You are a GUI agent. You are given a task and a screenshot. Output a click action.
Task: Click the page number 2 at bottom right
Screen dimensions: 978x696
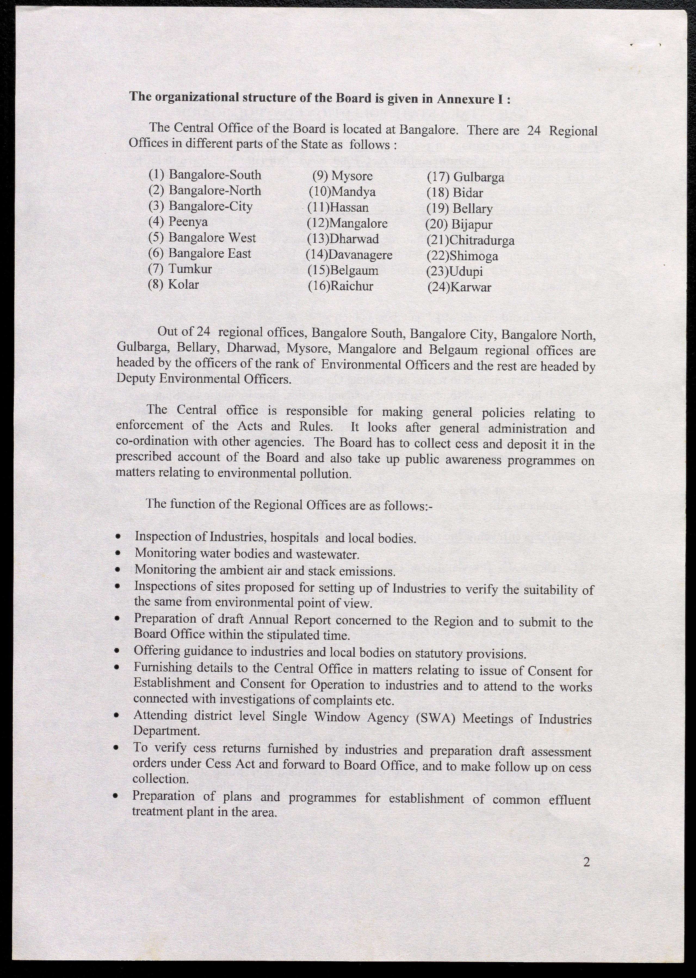pos(587,862)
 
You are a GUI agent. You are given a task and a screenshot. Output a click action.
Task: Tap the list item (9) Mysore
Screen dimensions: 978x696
pos(342,176)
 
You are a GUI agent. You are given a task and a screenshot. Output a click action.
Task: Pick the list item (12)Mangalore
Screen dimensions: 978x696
pos(347,223)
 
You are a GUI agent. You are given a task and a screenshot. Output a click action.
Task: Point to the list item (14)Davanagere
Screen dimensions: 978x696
pos(349,255)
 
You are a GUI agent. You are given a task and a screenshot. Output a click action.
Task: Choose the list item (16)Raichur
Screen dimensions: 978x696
pos(341,286)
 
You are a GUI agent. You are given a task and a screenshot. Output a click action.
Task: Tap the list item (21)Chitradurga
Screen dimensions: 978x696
pos(470,240)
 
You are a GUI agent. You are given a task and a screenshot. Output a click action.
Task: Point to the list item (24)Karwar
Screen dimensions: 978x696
pos(459,287)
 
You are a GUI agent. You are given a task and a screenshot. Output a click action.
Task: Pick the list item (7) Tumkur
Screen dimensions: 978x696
pos(180,269)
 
